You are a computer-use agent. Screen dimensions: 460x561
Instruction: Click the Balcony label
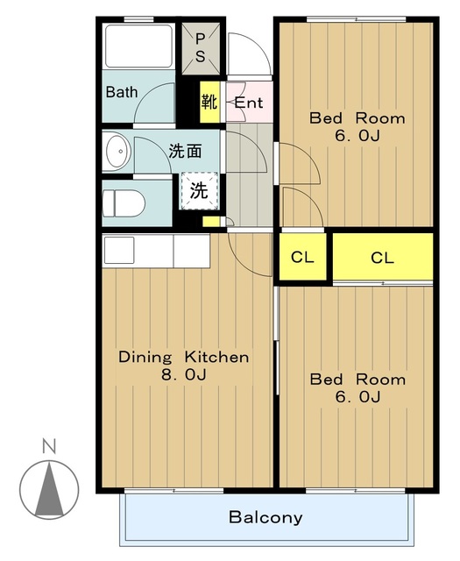pyautogui.click(x=265, y=517)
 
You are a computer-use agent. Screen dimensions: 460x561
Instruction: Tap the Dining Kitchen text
pyautogui.click(x=184, y=357)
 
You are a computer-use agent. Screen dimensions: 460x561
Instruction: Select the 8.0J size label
pyautogui.click(x=184, y=374)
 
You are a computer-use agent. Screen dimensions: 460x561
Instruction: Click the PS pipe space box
pyautogui.click(x=201, y=49)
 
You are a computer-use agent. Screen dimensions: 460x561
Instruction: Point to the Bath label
pyautogui.click(x=122, y=92)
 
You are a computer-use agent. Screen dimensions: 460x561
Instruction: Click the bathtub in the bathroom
pyautogui.click(x=138, y=46)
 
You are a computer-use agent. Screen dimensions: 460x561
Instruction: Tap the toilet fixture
pyautogui.click(x=124, y=203)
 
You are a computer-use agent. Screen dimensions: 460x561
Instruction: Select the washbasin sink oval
pyautogui.click(x=118, y=151)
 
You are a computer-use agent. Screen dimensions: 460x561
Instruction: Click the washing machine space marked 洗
pyautogui.click(x=199, y=191)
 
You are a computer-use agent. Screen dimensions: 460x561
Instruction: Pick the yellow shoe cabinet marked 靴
pyautogui.click(x=209, y=102)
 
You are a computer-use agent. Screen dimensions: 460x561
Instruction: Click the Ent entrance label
pyautogui.click(x=249, y=103)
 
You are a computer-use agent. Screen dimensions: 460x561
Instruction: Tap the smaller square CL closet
pyautogui.click(x=302, y=257)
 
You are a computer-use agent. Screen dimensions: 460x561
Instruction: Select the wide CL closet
pyautogui.click(x=383, y=257)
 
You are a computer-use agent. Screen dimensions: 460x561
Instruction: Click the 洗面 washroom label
pyautogui.click(x=185, y=152)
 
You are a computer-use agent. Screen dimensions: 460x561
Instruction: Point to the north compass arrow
pyautogui.click(x=49, y=489)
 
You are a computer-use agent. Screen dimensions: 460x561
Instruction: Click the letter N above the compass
pyautogui.click(x=49, y=447)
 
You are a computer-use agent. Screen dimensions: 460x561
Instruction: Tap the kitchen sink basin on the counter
pyautogui.click(x=119, y=250)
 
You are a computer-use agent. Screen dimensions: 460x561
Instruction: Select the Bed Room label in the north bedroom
pyautogui.click(x=357, y=118)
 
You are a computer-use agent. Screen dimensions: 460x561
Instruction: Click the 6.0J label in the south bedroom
pyautogui.click(x=357, y=397)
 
